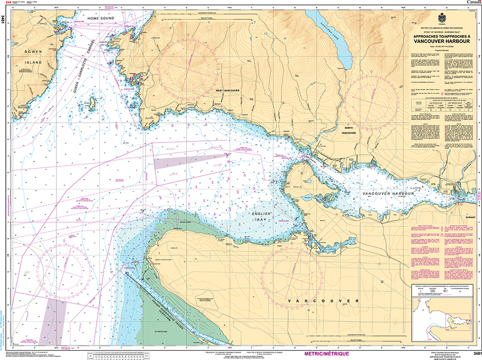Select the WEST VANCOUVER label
[226, 90]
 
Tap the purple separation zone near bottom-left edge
[54, 321]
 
